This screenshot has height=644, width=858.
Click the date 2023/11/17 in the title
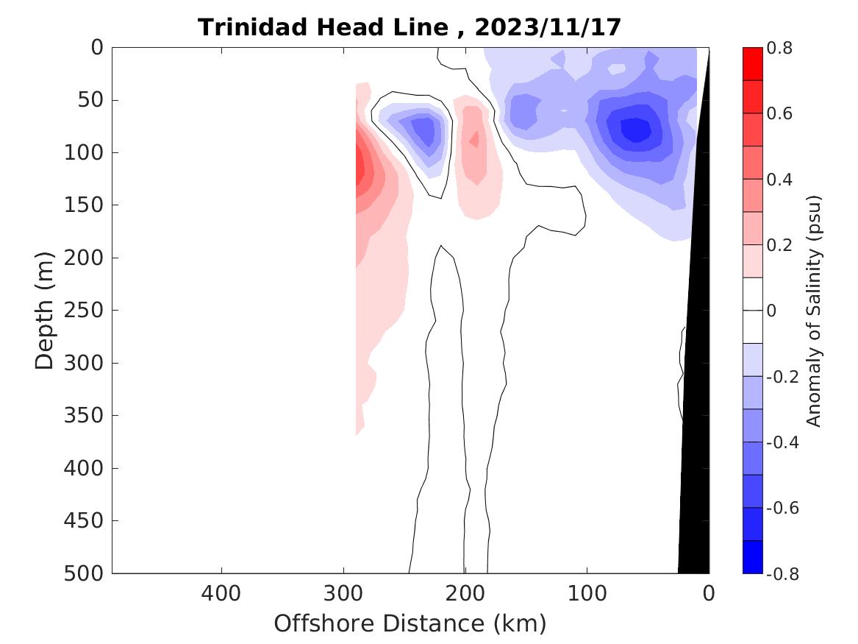click(548, 28)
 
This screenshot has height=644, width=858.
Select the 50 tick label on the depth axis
click(93, 100)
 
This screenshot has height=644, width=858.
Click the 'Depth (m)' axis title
click(46, 310)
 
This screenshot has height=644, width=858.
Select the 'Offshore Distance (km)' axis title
click(410, 623)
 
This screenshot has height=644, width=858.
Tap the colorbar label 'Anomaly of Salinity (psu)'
click(813, 311)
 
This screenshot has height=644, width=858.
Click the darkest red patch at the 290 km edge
click(360, 166)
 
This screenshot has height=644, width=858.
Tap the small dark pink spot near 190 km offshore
click(474, 138)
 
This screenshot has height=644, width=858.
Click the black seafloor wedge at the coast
click(695, 442)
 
